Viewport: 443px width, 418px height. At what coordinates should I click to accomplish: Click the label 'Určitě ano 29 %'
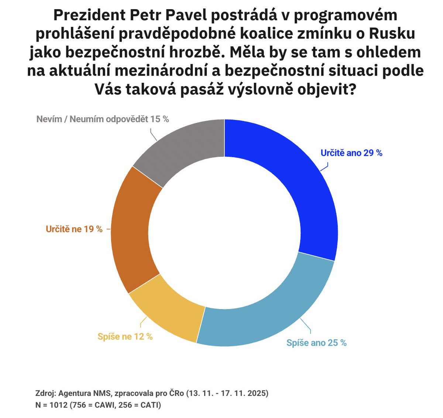[x=351, y=153]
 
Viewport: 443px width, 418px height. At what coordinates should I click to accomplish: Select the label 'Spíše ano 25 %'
[x=316, y=343]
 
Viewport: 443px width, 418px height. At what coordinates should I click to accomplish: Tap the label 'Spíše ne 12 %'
[x=125, y=336]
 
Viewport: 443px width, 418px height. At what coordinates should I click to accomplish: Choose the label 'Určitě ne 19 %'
[x=74, y=229]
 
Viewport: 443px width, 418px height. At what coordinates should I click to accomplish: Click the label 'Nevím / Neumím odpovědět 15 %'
[x=103, y=119]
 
